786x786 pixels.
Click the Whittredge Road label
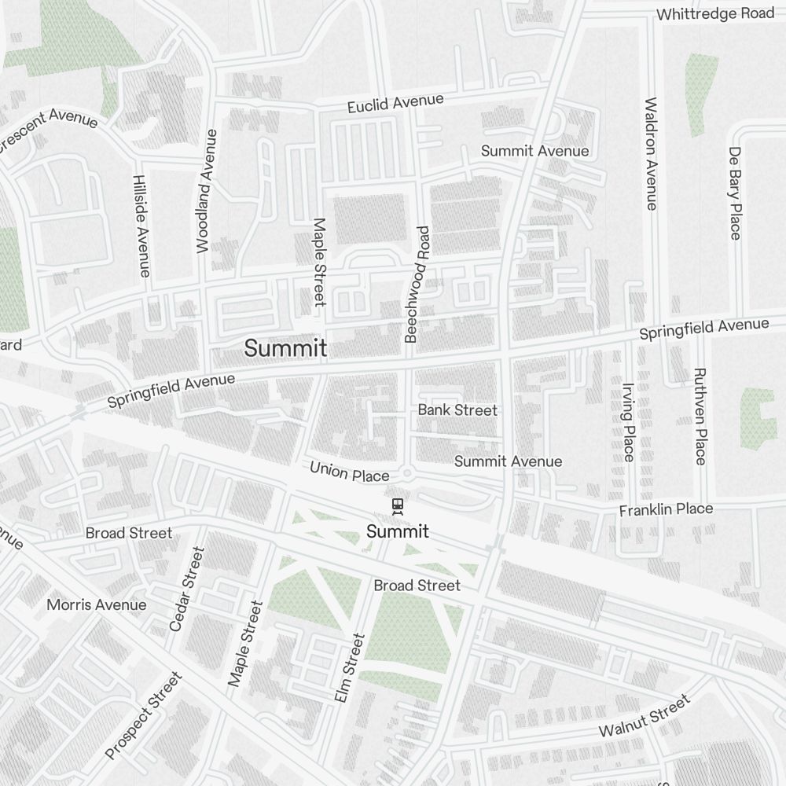(x=714, y=14)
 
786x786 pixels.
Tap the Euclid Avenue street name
(x=396, y=103)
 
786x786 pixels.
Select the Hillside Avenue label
(x=141, y=226)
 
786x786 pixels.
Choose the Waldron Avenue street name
(x=650, y=154)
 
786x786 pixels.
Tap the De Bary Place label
(x=735, y=193)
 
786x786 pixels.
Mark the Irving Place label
(x=628, y=421)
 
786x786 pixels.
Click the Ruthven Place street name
(x=700, y=416)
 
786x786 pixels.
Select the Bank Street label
(x=457, y=410)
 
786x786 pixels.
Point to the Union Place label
(x=349, y=472)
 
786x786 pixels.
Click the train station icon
(x=398, y=506)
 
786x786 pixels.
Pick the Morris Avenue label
(x=96, y=604)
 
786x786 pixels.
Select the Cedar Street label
(x=186, y=589)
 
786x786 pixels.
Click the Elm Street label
(x=349, y=668)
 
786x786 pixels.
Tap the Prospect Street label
(x=143, y=716)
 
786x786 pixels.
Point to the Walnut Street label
(x=644, y=716)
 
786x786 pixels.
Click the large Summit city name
(x=285, y=348)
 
